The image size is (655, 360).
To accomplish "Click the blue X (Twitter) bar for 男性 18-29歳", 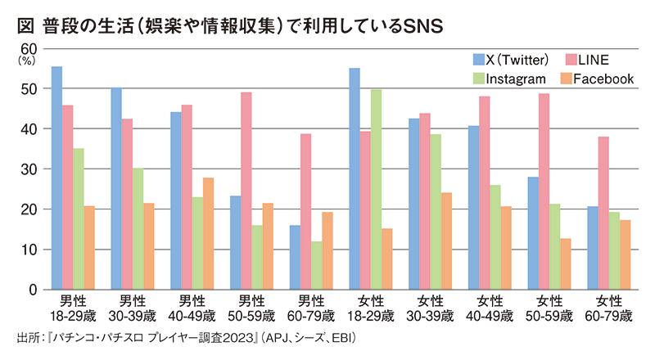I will pyautogui.click(x=56, y=178).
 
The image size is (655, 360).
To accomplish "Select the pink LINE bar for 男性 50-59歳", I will pyautogui.click(x=246, y=191).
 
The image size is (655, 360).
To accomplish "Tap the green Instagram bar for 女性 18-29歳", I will pyautogui.click(x=376, y=189).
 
